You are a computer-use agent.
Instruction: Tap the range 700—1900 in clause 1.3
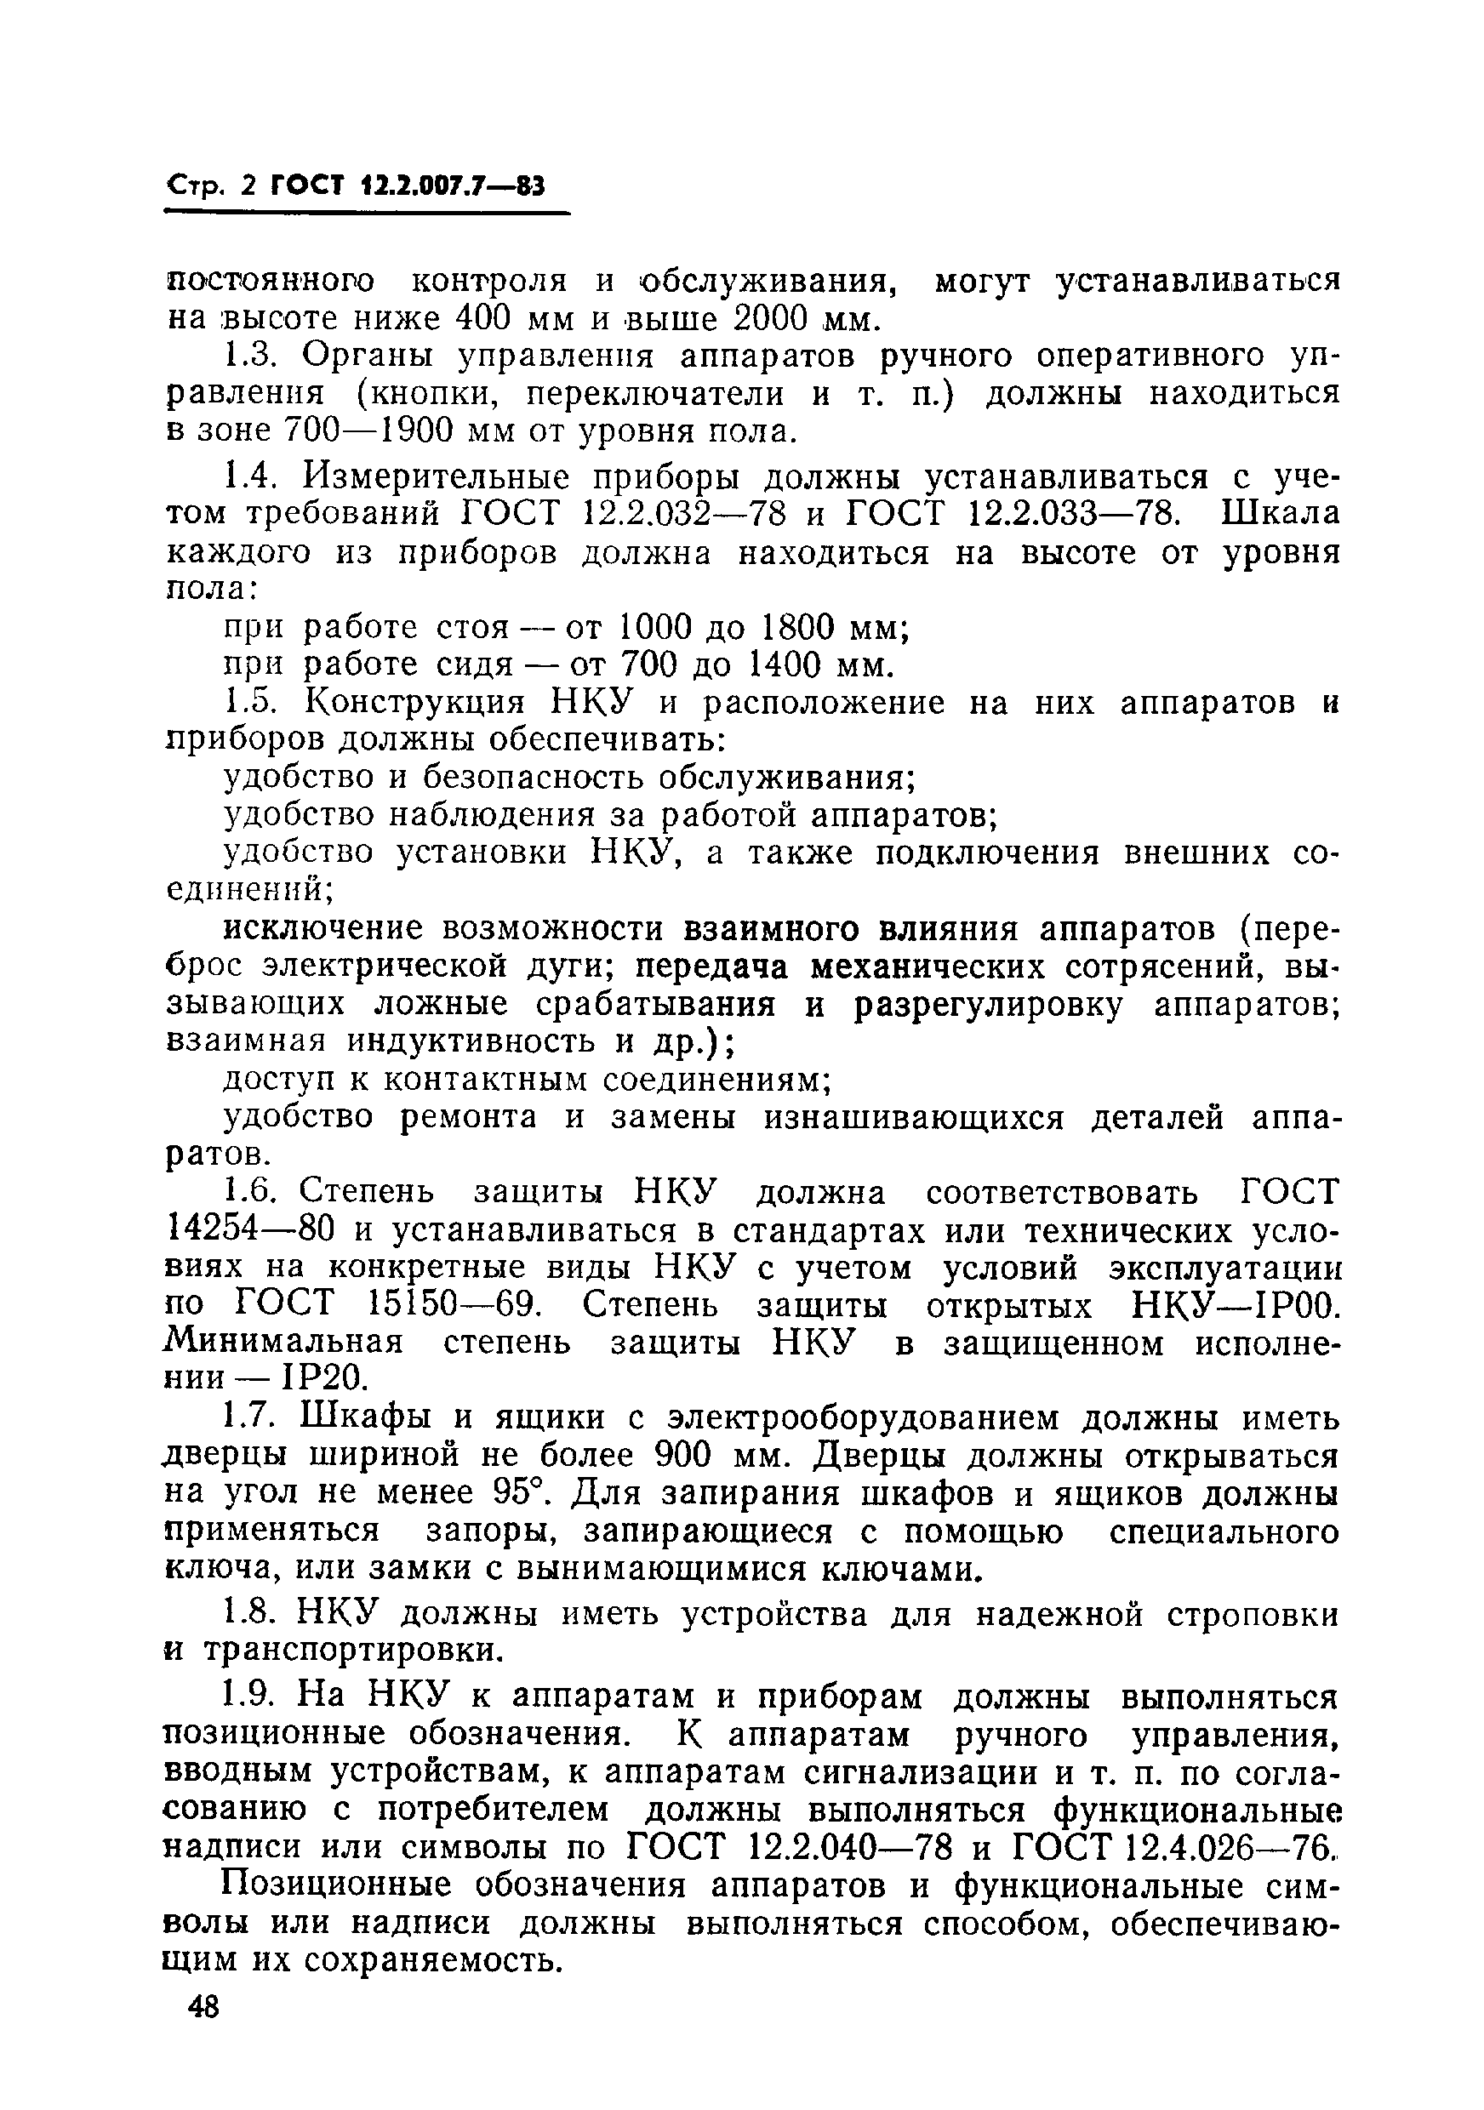click(364, 431)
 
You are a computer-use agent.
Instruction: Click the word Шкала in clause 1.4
click(1280, 514)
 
